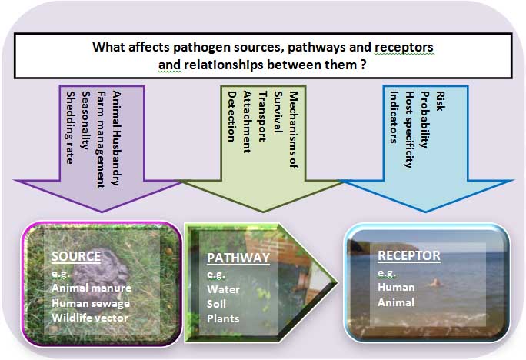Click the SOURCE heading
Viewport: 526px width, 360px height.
tap(76, 256)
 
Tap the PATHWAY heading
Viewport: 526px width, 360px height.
tap(238, 258)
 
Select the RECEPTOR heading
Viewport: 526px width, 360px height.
tap(409, 255)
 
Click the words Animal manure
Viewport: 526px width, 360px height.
tap(92, 288)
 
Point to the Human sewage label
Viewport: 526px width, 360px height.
tap(91, 303)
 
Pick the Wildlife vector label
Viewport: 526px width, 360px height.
tap(90, 318)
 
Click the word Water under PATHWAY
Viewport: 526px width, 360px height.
tap(224, 289)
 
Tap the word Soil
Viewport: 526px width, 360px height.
tap(216, 304)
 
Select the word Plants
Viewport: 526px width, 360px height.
tap(223, 318)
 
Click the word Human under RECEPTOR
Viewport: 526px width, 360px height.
tap(396, 287)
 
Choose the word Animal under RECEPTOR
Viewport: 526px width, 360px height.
tap(396, 302)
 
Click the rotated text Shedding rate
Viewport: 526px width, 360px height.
tap(70, 128)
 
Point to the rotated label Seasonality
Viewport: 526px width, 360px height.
tap(85, 120)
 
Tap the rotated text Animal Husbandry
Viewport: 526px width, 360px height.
tap(116, 138)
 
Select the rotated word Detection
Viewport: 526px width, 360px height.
tap(231, 116)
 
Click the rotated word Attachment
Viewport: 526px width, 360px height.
tap(247, 122)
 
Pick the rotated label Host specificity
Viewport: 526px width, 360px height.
tap(409, 129)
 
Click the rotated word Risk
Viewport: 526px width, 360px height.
tap(441, 101)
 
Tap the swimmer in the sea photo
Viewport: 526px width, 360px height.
tap(436, 283)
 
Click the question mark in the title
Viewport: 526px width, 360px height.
tap(363, 65)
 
